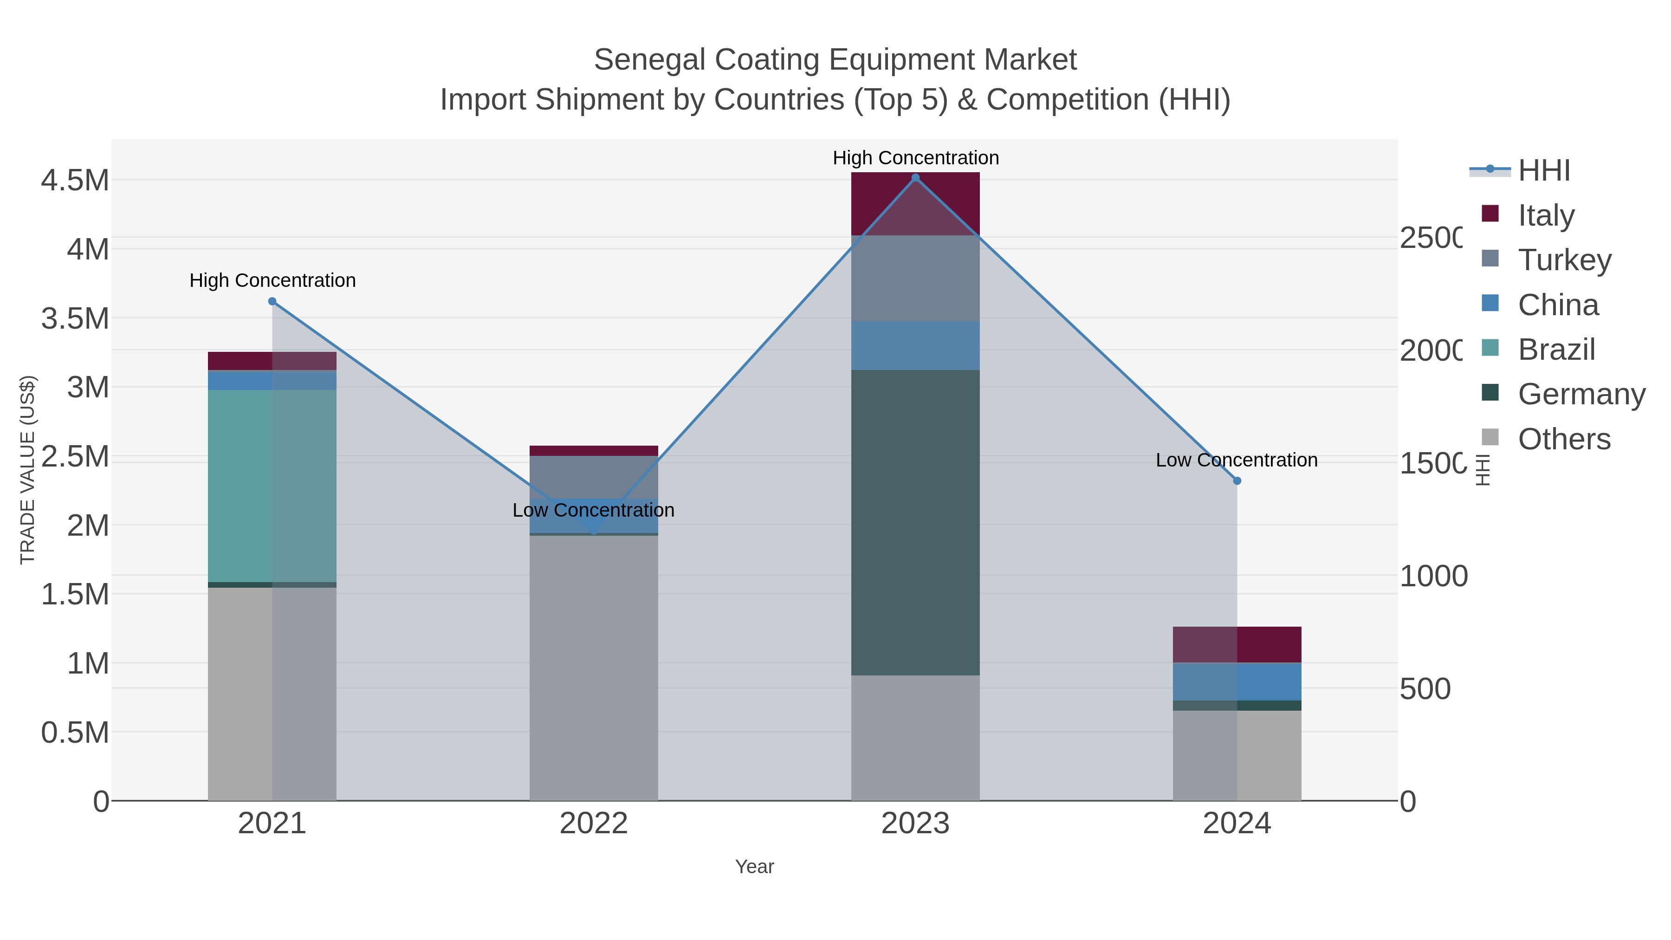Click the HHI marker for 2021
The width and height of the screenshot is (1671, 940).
(x=272, y=301)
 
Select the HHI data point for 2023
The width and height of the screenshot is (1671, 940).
(x=915, y=178)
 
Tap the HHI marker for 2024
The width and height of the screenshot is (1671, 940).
(x=1237, y=481)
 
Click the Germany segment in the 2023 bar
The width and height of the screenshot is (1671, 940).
(x=915, y=522)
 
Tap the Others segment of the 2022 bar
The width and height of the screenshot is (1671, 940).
(x=594, y=668)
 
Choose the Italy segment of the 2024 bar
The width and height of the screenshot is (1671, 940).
(x=1237, y=644)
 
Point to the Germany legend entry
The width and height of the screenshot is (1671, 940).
(x=1581, y=395)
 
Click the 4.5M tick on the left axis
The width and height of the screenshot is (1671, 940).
(x=75, y=181)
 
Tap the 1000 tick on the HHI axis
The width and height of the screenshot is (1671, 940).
(x=1433, y=576)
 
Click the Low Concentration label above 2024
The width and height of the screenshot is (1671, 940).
(x=1237, y=460)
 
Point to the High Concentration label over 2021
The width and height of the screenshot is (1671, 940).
(x=272, y=280)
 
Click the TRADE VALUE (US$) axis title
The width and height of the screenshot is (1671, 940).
(x=27, y=470)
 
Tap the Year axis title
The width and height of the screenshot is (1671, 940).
(x=754, y=867)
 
